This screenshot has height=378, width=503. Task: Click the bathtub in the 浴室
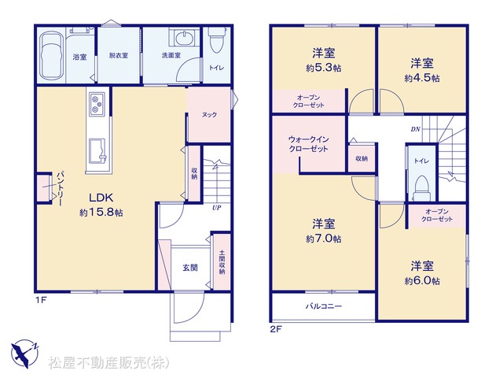(51, 56)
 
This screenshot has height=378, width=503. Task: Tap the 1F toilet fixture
(215, 40)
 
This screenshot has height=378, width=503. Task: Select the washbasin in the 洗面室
(184, 38)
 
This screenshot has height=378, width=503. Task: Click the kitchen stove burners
(97, 103)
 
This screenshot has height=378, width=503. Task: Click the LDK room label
(101, 198)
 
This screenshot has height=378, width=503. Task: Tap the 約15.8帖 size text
(101, 213)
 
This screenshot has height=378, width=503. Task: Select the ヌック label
(210, 115)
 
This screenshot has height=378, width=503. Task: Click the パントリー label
(60, 189)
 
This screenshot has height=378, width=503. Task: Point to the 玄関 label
(190, 268)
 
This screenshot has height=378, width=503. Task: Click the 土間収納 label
(222, 262)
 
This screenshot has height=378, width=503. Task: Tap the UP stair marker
(217, 208)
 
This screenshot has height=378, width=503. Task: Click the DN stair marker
(416, 129)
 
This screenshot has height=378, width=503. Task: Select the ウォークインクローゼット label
(308, 144)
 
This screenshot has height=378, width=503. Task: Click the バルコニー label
(323, 306)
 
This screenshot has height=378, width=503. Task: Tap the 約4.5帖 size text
(422, 78)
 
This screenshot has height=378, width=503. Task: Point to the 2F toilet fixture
(421, 188)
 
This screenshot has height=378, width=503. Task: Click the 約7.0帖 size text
(323, 239)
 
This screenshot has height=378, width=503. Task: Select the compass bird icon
(24, 354)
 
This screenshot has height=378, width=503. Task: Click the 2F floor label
(275, 329)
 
